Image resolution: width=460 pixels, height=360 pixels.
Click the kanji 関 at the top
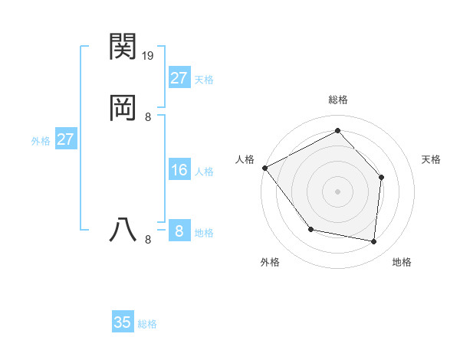tap(123, 47)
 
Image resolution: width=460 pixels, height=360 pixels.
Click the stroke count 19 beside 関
tap(148, 56)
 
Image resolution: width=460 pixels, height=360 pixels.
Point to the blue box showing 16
tap(179, 170)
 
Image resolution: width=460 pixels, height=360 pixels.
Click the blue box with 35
tap(123, 322)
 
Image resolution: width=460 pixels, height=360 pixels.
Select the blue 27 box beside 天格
tap(179, 78)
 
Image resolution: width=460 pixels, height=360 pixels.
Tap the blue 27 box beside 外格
tap(66, 139)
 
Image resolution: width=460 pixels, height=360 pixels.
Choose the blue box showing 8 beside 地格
tap(179, 231)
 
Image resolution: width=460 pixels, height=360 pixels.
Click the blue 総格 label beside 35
tap(147, 324)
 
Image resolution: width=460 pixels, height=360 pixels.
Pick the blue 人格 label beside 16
tap(204, 172)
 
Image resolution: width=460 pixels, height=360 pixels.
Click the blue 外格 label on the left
tap(41, 141)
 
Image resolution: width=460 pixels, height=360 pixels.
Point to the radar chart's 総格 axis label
tap(337, 100)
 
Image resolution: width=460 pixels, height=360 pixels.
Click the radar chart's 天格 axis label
tap(431, 159)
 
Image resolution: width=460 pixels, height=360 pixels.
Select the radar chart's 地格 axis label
tap(402, 262)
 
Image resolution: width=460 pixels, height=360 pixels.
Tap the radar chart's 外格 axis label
tap(270, 262)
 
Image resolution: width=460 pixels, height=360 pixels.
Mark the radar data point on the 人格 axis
tap(264, 168)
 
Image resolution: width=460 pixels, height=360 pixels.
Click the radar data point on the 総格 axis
tap(337, 130)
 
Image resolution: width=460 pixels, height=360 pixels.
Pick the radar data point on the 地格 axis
tap(373, 241)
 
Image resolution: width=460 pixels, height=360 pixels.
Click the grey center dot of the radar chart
tap(337, 191)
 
